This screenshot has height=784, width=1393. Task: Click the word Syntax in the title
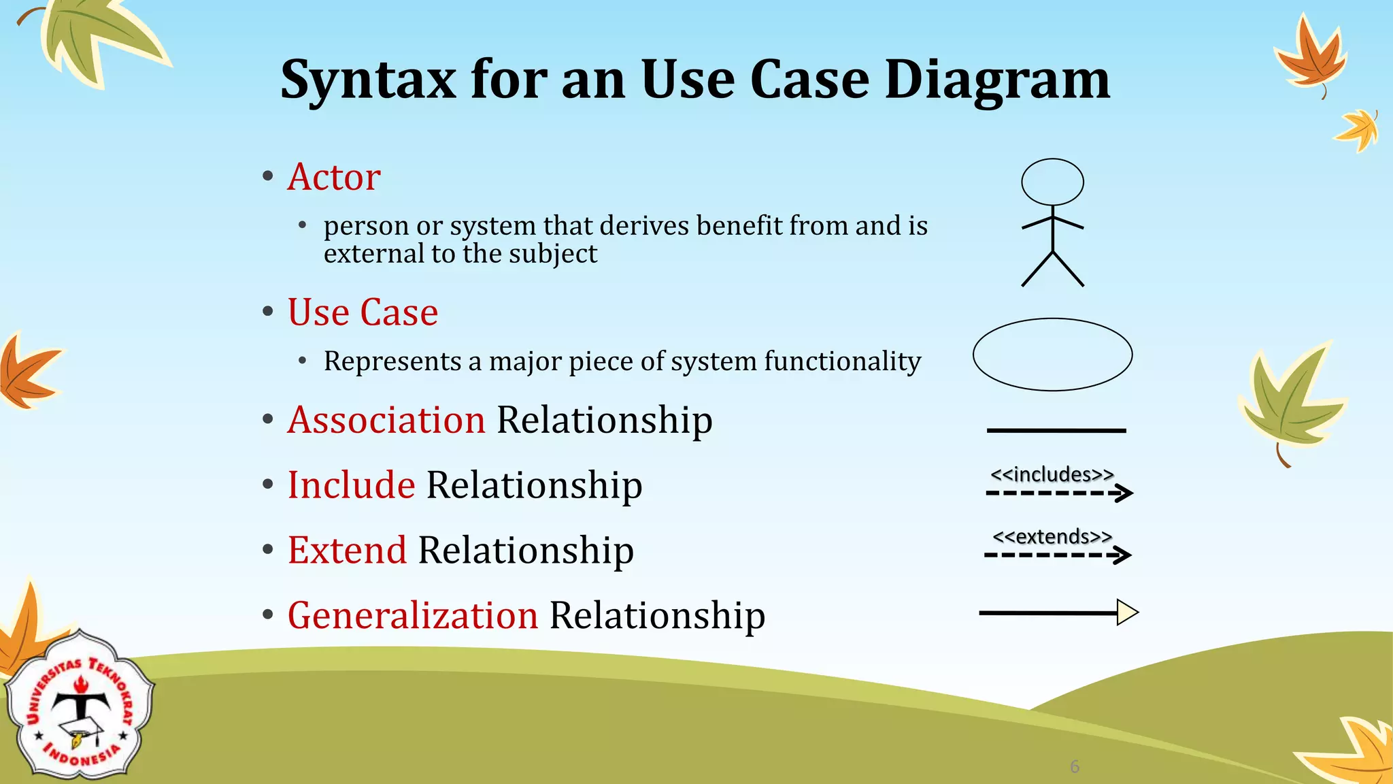[368, 80]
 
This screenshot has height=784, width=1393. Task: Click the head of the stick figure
[1052, 182]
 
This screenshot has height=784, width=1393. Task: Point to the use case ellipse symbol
[1052, 355]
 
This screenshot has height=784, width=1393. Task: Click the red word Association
[386, 420]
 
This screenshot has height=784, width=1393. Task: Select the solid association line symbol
[1056, 431]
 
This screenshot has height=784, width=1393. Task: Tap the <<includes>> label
[1052, 474]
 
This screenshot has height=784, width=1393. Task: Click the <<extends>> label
[1052, 537]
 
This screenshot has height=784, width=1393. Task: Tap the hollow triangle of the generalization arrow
[1127, 612]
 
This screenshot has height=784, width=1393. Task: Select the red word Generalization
[413, 615]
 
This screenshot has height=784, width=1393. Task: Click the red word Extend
[347, 550]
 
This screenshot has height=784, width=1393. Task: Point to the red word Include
[351, 485]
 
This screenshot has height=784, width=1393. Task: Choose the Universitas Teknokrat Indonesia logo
[80, 706]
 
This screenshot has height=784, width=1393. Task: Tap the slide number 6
[1075, 767]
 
